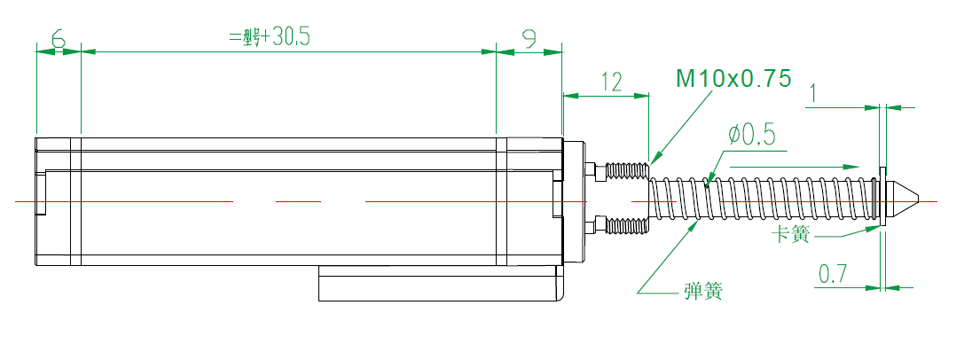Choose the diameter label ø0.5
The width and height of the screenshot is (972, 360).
pyautogui.click(x=751, y=135)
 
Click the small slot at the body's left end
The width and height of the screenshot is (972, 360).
pyautogui.click(x=40, y=195)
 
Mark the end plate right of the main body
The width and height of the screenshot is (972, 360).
pyautogui.click(x=575, y=201)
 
